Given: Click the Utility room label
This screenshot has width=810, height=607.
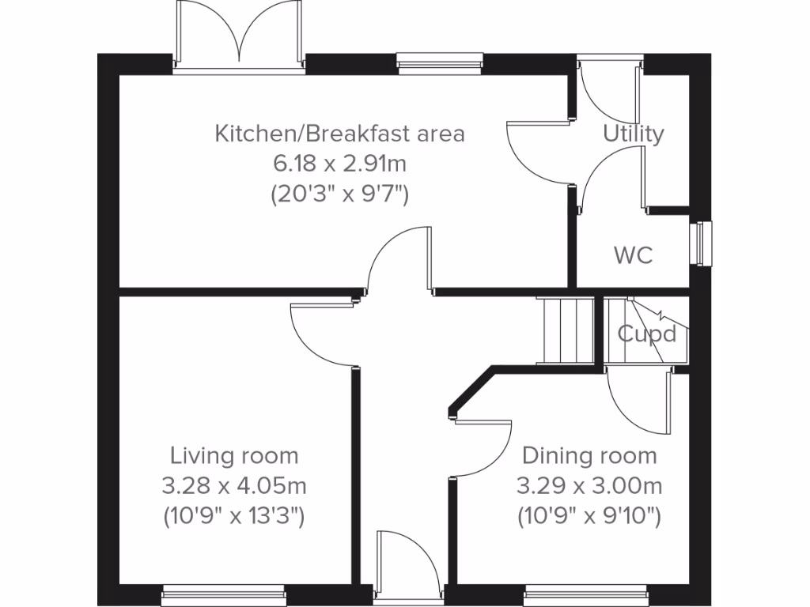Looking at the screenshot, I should [634, 134].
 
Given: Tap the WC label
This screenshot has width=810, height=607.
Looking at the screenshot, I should [634, 255].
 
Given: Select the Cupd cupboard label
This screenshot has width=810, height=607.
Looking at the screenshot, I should [647, 334].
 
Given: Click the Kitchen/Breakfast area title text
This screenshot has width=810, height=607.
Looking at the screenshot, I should [339, 134].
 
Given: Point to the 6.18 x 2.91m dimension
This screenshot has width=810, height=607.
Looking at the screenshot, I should [339, 164].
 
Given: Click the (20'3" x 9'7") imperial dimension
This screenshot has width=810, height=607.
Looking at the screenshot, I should [339, 194].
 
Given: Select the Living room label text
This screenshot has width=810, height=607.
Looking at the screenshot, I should [234, 456].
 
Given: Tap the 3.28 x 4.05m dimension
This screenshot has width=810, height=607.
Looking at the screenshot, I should [234, 486].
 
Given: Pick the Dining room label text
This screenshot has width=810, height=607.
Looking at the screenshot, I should [589, 456].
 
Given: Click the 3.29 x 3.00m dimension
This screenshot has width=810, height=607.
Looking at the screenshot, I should [589, 486].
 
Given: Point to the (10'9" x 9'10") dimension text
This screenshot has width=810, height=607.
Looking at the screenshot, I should [589, 516].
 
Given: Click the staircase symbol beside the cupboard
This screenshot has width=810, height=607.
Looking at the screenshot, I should [565, 330].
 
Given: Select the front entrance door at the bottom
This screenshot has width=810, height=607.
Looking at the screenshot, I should [410, 565].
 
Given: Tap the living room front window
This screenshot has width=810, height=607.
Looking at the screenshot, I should [224, 591].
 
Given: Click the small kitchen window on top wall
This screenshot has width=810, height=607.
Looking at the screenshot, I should [439, 60].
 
